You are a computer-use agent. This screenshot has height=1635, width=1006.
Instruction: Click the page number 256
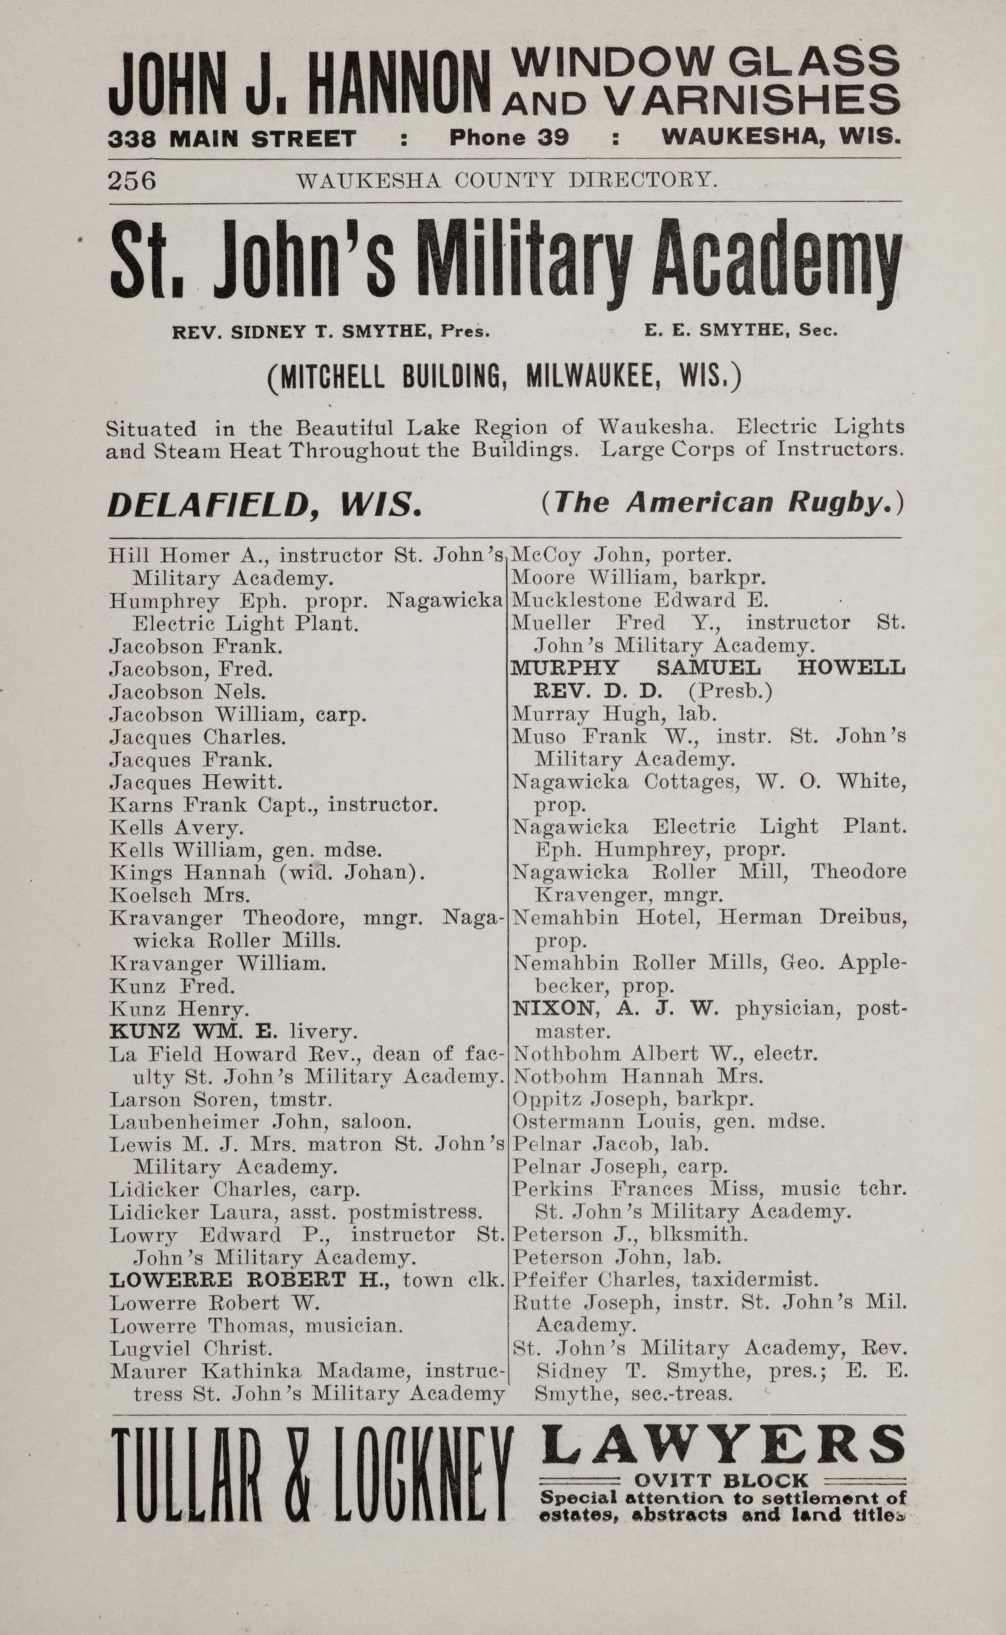[x=132, y=181]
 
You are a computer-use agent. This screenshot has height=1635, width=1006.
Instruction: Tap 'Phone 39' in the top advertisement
[x=509, y=138]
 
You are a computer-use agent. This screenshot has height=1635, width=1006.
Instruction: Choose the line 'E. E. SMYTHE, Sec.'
[x=740, y=330]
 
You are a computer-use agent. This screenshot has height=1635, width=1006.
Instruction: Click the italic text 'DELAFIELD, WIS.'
[x=264, y=506]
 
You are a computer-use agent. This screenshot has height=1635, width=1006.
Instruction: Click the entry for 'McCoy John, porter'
[x=620, y=555]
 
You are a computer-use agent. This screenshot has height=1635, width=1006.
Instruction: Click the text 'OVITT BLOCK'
[x=721, y=1480]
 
